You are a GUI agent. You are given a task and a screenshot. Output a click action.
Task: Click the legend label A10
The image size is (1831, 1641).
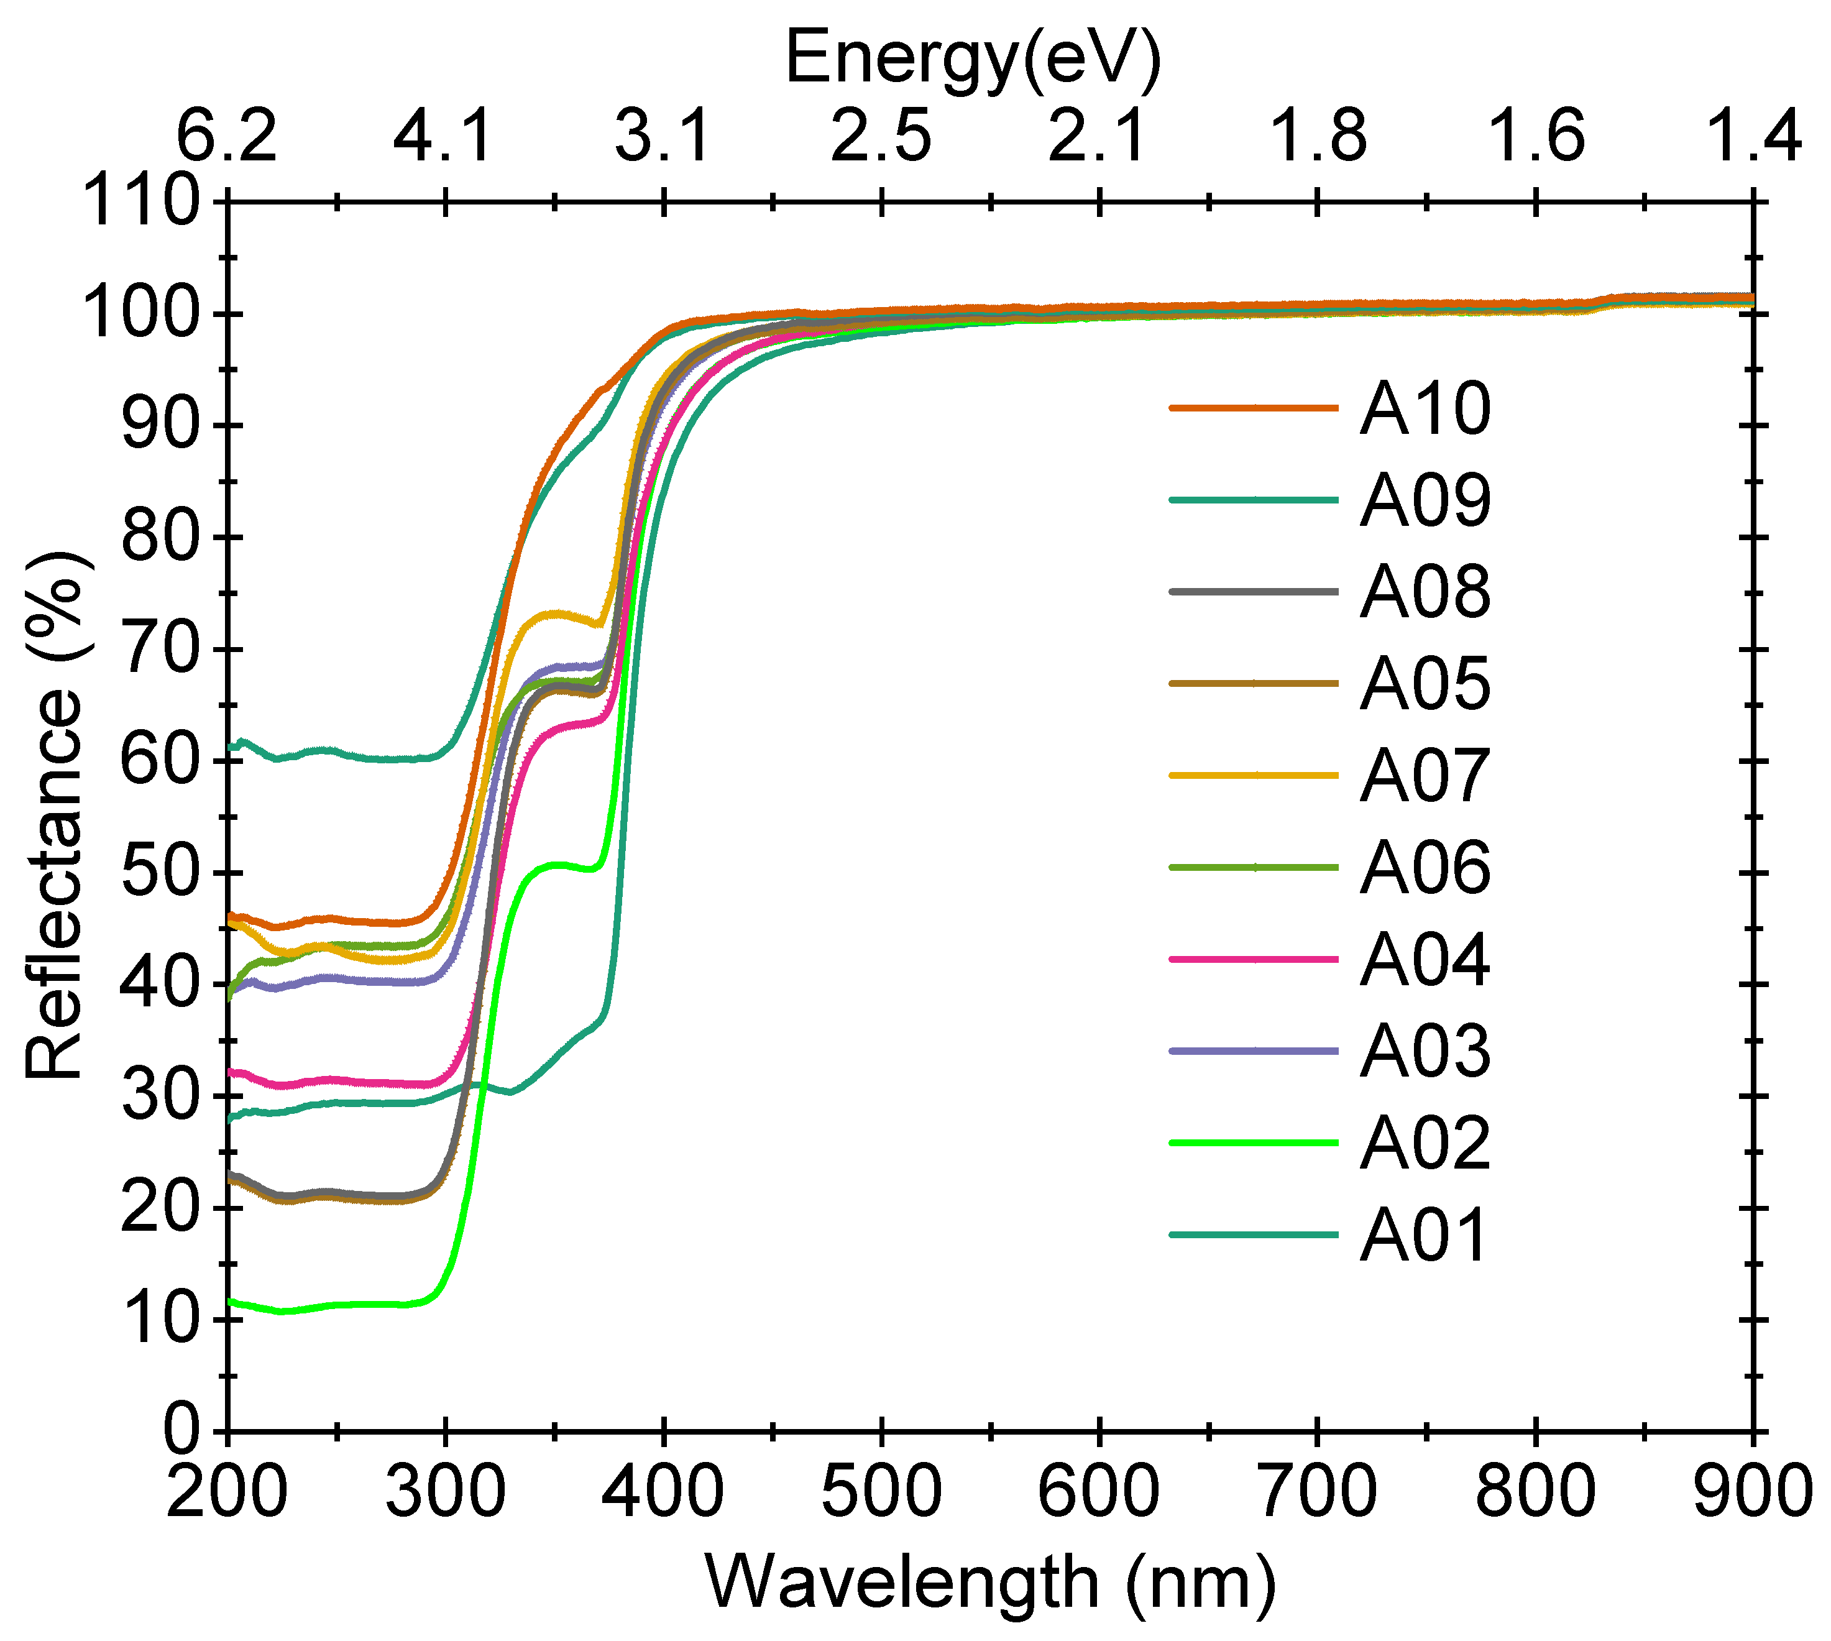[x=1425, y=408]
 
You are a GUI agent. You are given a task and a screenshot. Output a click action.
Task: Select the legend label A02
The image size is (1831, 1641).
[x=1425, y=1143]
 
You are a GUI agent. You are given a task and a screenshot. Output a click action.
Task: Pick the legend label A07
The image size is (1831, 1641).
[x=1425, y=775]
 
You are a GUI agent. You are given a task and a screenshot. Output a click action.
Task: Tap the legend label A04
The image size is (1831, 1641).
[x=1425, y=959]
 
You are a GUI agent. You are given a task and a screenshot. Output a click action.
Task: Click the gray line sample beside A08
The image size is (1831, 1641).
[x=1253, y=592]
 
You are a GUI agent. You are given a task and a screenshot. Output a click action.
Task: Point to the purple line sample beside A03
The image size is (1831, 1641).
[x=1253, y=1051]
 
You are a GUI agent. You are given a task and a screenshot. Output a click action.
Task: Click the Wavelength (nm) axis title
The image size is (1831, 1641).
[x=990, y=1583]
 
